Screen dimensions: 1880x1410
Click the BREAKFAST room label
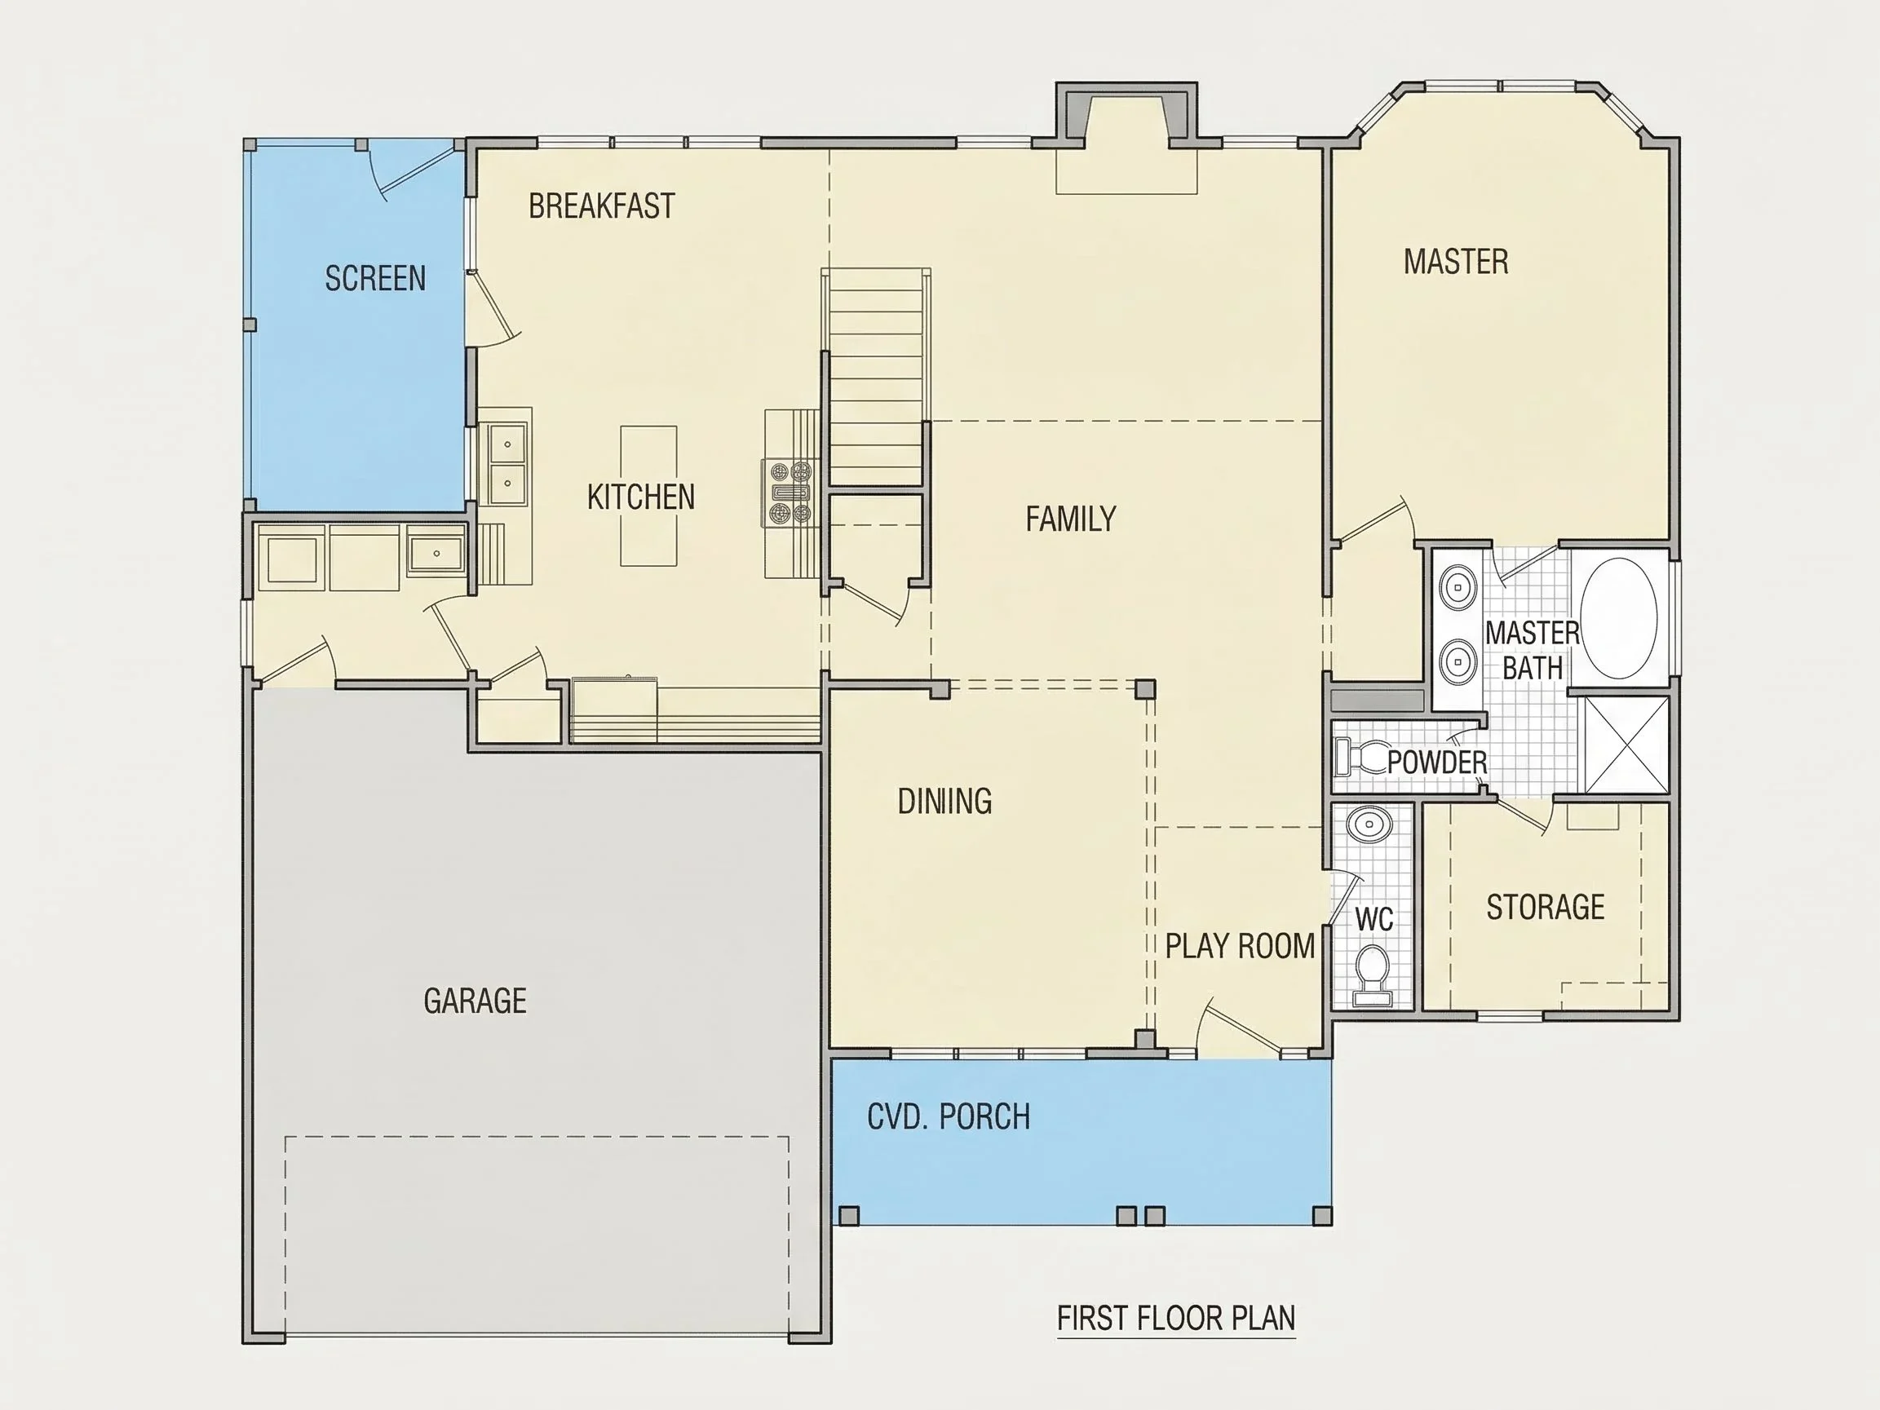602,206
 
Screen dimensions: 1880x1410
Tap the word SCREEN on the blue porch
375,279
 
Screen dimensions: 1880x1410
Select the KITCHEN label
641,497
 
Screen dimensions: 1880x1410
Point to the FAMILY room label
1070,519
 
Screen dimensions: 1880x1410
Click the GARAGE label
476,1001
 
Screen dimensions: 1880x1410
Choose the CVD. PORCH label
949,1116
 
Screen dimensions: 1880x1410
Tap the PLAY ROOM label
1239,946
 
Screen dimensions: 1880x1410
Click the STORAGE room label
1545,908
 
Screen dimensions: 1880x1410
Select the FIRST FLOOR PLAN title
1176,1318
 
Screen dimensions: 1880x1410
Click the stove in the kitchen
790,492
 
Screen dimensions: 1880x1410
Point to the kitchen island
648,497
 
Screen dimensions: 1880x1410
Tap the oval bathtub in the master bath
1621,618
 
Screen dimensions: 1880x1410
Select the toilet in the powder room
1359,758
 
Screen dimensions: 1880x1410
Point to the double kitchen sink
507,464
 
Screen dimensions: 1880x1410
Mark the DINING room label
945,801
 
